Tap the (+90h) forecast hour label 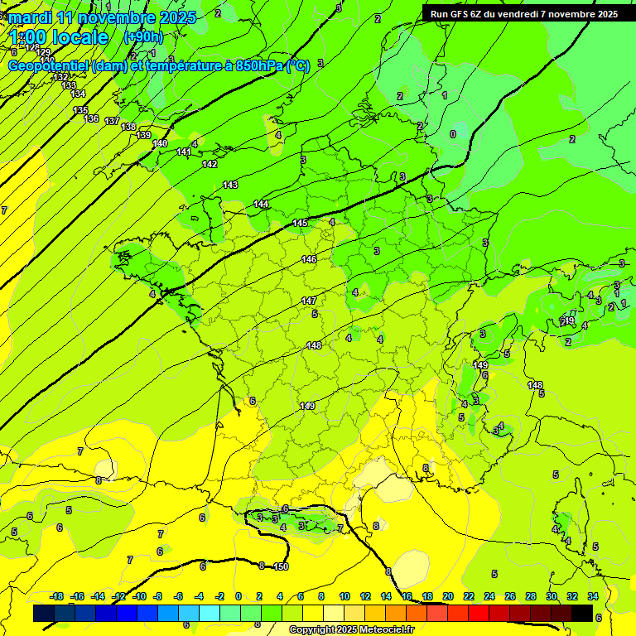(x=143, y=37)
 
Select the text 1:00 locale (x=60, y=37)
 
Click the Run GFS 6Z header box (x=523, y=14)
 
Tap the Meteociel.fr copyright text (x=351, y=630)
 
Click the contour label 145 (x=300, y=224)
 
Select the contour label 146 (x=309, y=260)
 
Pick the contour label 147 (x=309, y=301)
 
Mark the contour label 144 (x=261, y=204)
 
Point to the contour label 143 (x=230, y=185)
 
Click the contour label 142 (x=210, y=164)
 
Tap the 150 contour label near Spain (x=281, y=566)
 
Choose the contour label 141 (x=184, y=152)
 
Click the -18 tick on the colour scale (x=56, y=596)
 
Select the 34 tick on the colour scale (x=593, y=596)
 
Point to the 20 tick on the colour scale (x=447, y=596)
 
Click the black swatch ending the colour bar (x=582, y=613)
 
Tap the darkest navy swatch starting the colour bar (x=44, y=613)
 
